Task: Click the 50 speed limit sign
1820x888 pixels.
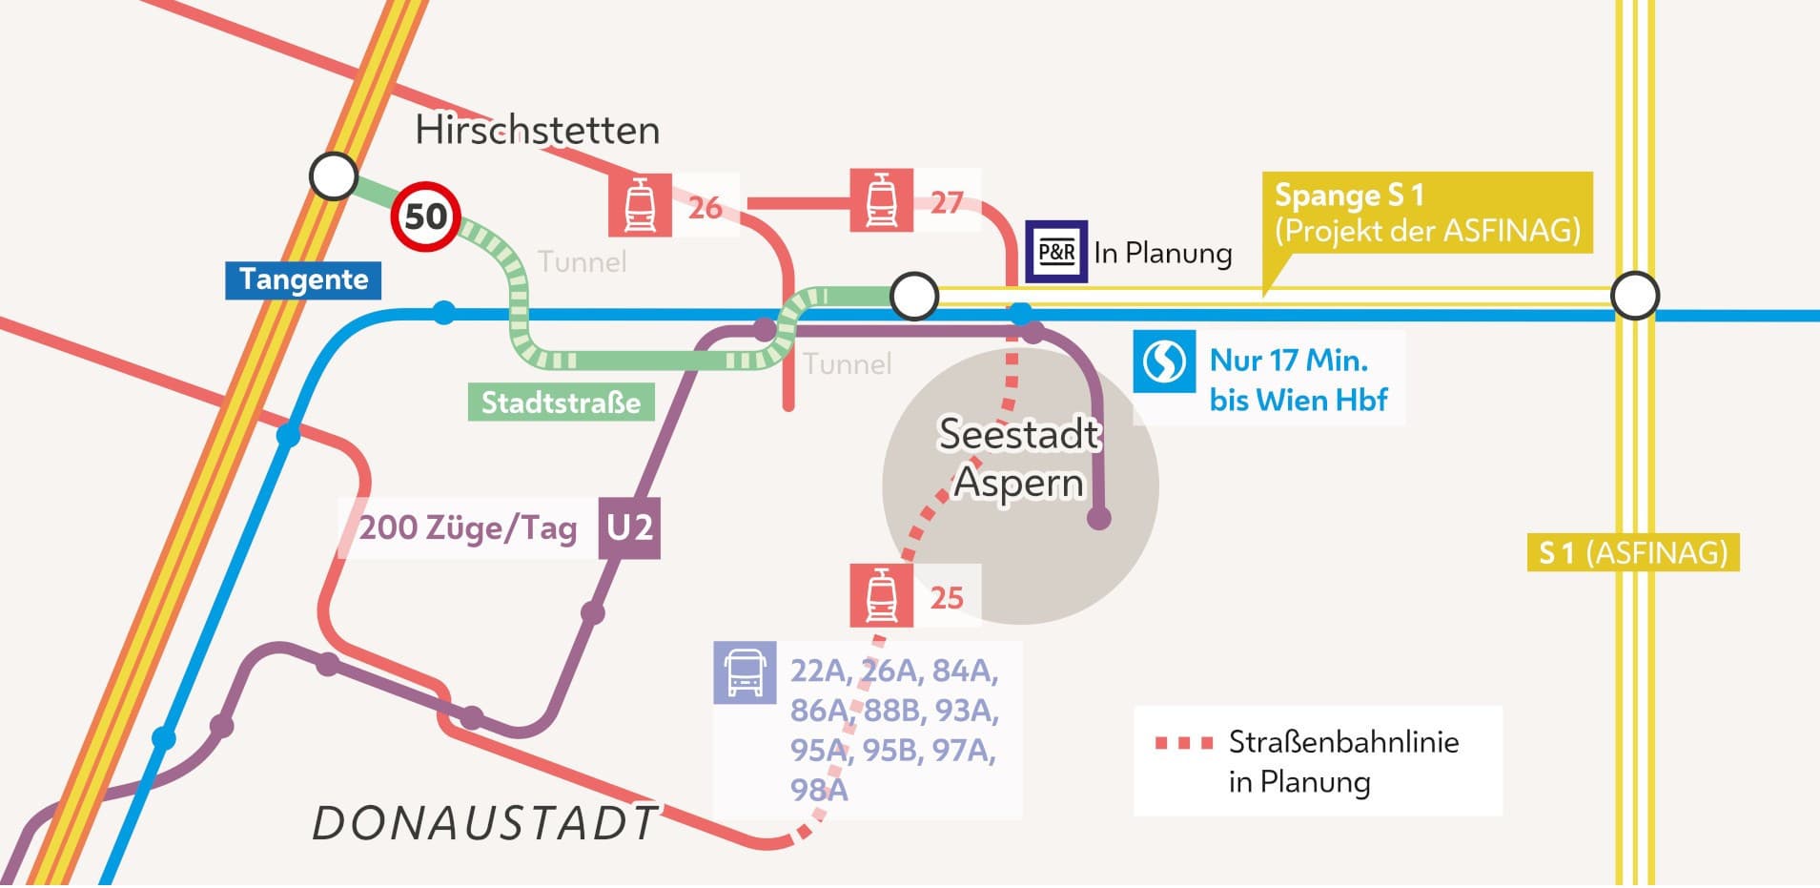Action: tap(425, 217)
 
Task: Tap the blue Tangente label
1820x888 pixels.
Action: tap(303, 279)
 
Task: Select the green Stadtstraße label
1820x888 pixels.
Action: tap(561, 402)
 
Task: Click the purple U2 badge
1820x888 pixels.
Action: tap(629, 527)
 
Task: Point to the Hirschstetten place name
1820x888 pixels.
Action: tap(537, 131)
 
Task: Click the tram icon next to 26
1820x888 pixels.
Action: tap(640, 204)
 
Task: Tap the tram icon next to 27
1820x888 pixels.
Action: tap(881, 200)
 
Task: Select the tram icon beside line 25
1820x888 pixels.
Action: tap(881, 595)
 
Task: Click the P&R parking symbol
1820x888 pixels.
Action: tap(1055, 253)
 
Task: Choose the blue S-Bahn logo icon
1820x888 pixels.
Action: tap(1163, 361)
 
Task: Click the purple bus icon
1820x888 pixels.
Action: tap(745, 672)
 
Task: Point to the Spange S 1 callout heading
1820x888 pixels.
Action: tap(1349, 196)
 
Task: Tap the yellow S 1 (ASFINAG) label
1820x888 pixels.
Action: tap(1633, 552)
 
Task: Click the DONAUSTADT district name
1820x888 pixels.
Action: tap(484, 823)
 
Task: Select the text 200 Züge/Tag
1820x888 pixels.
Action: tap(467, 527)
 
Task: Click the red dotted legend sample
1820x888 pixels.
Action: tap(1183, 743)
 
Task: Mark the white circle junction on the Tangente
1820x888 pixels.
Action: tap(334, 176)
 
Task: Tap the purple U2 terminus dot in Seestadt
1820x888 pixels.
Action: tap(1099, 518)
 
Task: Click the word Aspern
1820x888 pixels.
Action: tap(1018, 483)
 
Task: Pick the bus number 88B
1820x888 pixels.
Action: tap(897, 711)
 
